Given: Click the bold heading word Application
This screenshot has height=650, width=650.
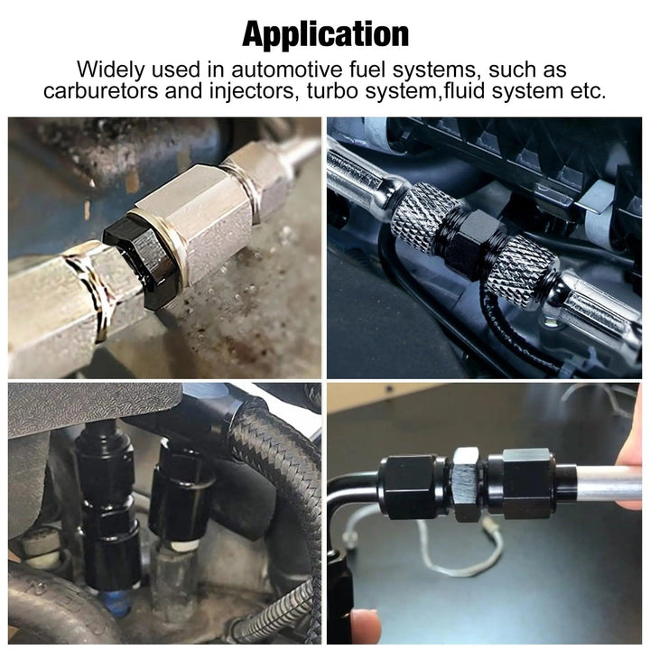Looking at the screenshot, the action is [x=325, y=35].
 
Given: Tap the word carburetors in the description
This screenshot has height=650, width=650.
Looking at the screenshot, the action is [x=101, y=90].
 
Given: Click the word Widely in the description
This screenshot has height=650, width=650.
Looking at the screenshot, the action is [x=111, y=70].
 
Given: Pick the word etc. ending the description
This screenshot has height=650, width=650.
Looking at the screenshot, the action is [x=589, y=91].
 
